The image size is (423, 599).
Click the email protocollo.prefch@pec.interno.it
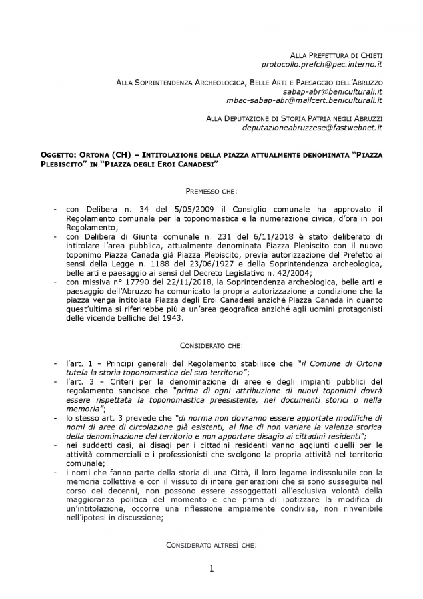point(322,64)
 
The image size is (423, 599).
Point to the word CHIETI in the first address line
point(367,54)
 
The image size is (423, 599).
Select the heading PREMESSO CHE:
point(211,191)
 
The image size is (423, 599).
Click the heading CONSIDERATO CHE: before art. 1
point(211,345)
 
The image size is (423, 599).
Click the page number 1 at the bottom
point(211,568)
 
